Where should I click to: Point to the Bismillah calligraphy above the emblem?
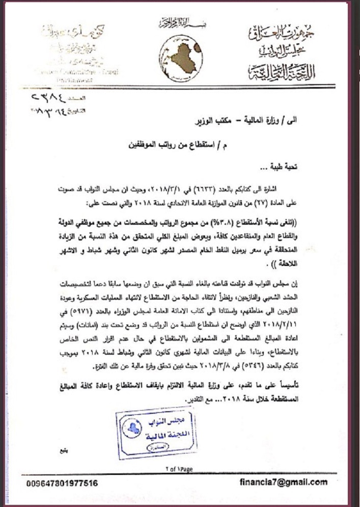[x=176, y=23]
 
